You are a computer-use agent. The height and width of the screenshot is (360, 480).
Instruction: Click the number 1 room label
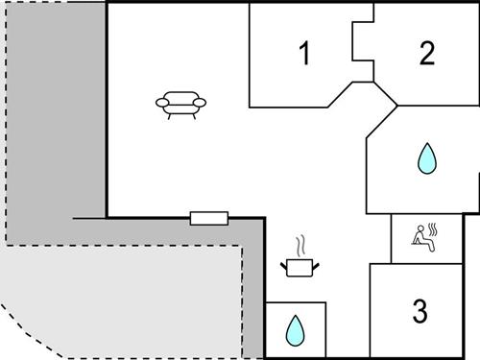pos(304,54)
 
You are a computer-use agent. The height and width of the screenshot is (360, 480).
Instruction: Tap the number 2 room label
pos(426,54)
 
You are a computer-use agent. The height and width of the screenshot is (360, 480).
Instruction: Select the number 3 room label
pos(419,311)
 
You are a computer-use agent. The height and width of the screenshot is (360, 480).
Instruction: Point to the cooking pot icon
pos(300,267)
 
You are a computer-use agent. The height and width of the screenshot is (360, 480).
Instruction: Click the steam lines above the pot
pos(301,244)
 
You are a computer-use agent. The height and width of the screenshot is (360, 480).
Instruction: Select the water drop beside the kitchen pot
pos(295,332)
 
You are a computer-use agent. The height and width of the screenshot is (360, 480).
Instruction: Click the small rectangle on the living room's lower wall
pos(208,218)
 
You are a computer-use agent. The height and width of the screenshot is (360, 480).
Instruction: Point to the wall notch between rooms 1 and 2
pos(363,43)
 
